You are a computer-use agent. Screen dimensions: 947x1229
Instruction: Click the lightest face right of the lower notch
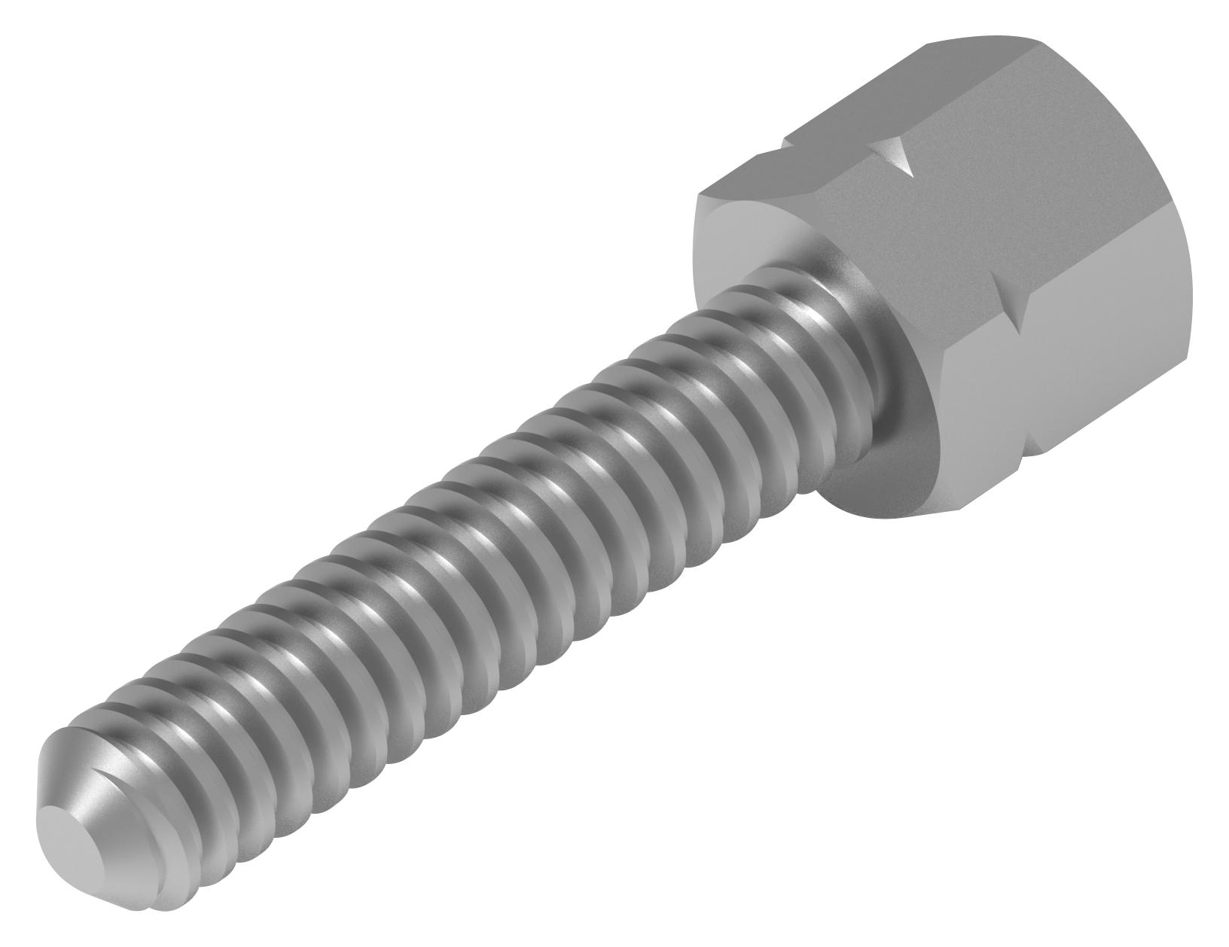click(x=1122, y=301)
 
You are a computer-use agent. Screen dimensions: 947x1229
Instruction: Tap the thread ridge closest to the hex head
click(x=791, y=316)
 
